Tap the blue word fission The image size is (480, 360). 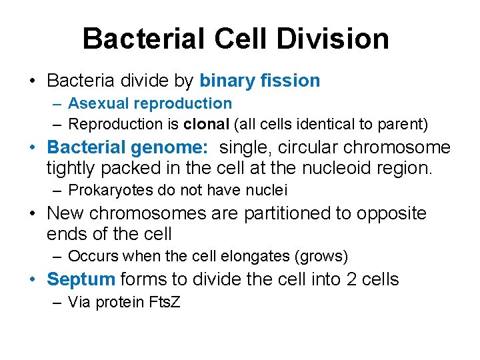click(x=291, y=81)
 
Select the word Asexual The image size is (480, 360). click(x=101, y=103)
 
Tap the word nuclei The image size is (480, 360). click(x=267, y=190)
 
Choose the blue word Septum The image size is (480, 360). click(x=81, y=279)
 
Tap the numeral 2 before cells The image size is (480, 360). click(x=353, y=279)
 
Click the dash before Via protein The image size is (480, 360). click(x=58, y=302)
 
